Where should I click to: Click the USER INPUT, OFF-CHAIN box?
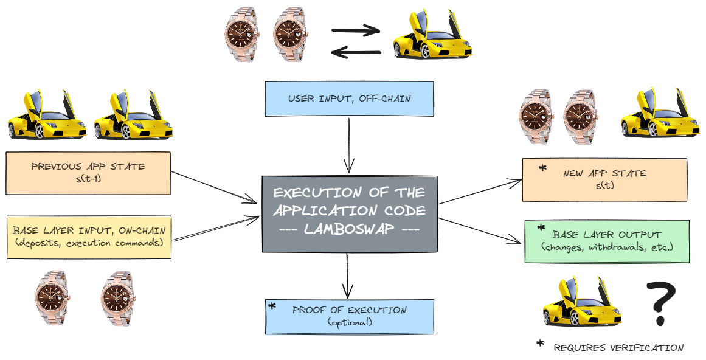(x=349, y=99)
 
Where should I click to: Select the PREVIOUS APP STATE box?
(x=88, y=173)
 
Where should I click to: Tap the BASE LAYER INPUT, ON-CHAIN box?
(x=89, y=236)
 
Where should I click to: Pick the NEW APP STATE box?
(x=604, y=180)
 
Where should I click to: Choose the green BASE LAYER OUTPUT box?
(x=607, y=241)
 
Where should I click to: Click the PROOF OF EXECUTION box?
(x=349, y=316)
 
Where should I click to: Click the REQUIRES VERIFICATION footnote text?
(x=618, y=348)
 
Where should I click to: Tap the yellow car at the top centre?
(x=431, y=37)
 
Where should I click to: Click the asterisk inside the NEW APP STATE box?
(x=542, y=168)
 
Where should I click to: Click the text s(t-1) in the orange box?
(x=88, y=179)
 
